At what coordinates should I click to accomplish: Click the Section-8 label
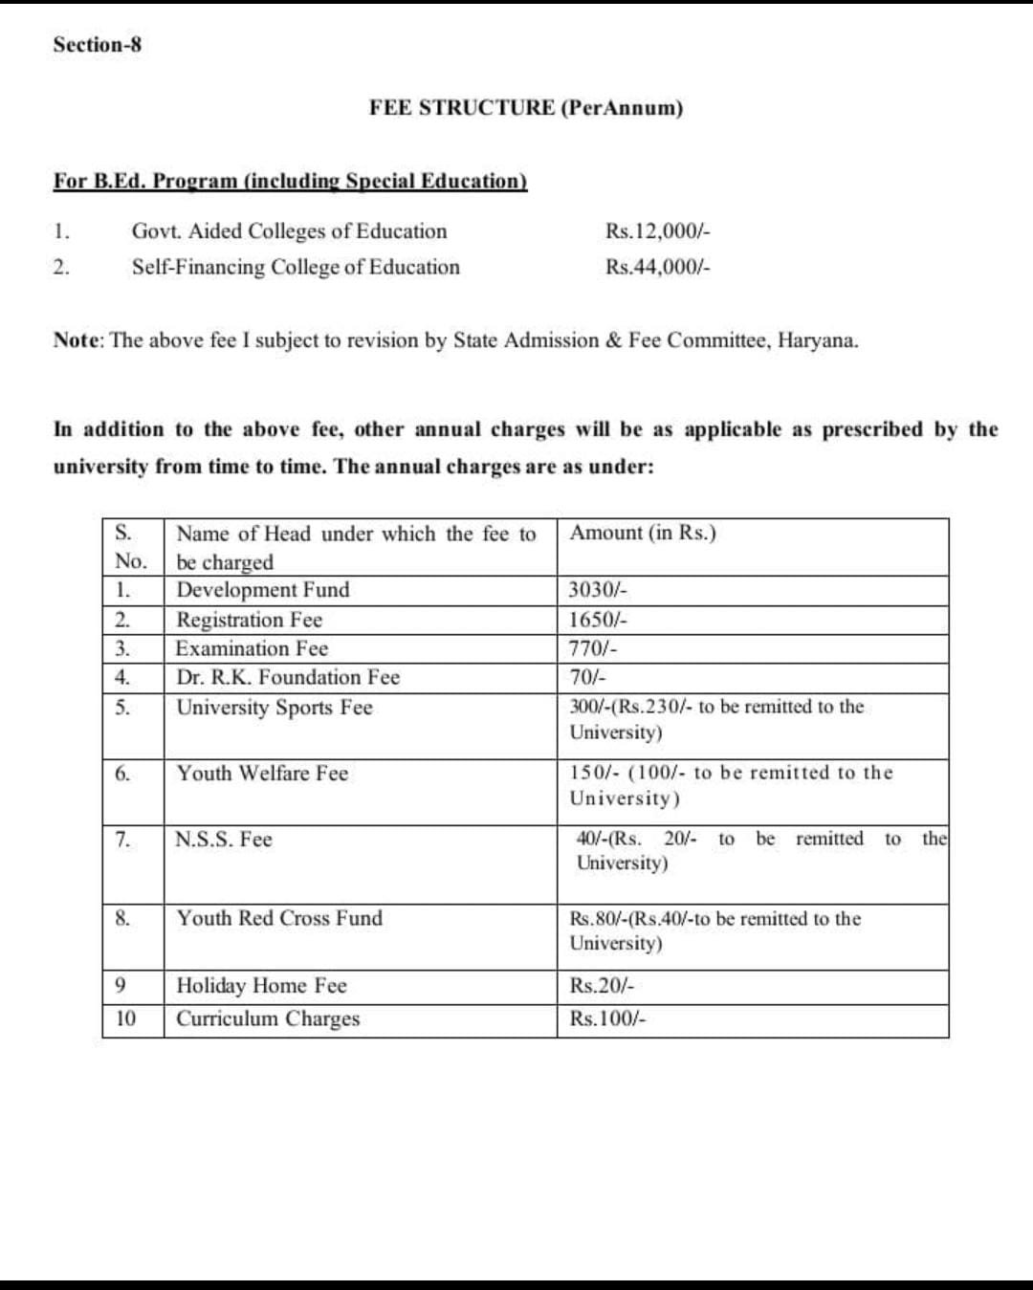(x=98, y=45)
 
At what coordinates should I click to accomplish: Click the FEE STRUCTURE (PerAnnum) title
(x=526, y=107)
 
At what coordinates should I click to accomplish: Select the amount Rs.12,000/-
(x=657, y=231)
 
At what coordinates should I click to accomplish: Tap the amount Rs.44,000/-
(x=657, y=267)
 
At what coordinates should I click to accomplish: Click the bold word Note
(x=78, y=340)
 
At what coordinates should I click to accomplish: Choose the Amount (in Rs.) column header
(x=643, y=534)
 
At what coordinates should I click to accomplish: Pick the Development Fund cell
(x=263, y=590)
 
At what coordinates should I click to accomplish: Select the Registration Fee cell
(x=250, y=620)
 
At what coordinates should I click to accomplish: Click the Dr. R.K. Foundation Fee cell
(x=288, y=678)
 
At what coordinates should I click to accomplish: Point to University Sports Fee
(x=275, y=708)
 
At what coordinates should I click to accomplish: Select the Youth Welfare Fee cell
(x=262, y=773)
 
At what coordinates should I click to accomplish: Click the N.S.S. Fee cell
(x=224, y=840)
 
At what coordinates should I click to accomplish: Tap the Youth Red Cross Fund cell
(x=279, y=918)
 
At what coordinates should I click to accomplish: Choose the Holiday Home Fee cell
(x=262, y=986)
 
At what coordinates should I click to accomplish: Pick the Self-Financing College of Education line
(x=296, y=267)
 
